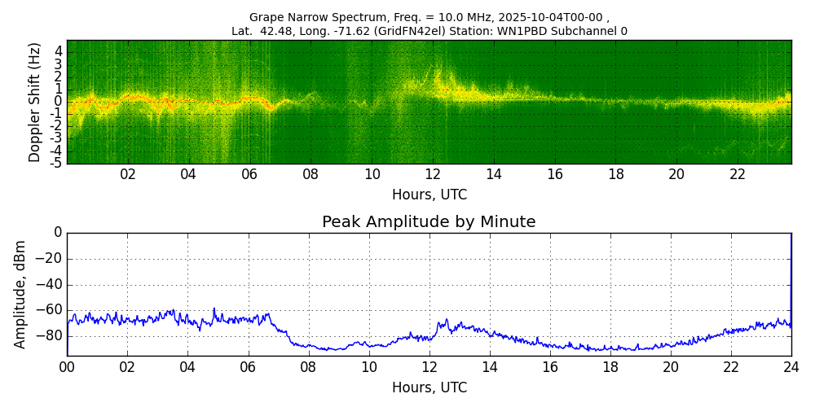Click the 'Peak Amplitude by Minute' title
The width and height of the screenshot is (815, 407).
click(429, 222)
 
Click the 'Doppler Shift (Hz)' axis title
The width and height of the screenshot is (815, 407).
click(35, 102)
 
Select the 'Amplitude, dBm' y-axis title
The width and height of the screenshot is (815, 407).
click(20, 294)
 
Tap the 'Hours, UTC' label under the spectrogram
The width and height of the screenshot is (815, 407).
click(429, 195)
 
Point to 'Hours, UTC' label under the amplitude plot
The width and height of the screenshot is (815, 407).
click(429, 387)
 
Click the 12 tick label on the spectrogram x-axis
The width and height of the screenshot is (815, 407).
click(433, 175)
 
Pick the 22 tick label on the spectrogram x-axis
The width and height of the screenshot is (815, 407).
click(738, 175)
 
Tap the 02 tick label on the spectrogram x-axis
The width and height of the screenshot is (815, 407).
click(128, 175)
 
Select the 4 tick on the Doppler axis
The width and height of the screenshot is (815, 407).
click(58, 51)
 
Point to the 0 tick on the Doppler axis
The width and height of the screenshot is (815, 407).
click(58, 102)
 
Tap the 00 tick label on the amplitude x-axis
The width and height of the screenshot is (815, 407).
click(67, 367)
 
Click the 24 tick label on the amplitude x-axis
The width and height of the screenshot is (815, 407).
click(791, 367)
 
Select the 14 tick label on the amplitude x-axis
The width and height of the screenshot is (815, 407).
click(490, 367)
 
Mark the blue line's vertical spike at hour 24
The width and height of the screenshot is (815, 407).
click(791, 269)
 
